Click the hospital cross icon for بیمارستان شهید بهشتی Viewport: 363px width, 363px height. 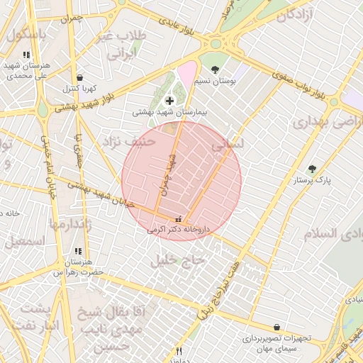pos(169,101)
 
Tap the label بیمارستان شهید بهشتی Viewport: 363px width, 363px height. pos(169,113)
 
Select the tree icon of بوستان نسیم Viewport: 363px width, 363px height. pos(215,69)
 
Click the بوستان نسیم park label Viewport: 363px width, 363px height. pos(216,82)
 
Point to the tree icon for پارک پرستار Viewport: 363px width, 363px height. pos(312,169)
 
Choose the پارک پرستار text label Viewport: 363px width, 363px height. pos(313,181)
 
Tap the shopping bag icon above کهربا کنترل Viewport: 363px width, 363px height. pos(79,77)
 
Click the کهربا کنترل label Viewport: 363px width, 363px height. pos(79,89)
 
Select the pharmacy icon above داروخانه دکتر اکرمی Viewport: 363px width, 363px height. pos(177,218)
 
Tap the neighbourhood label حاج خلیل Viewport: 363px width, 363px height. pos(177,260)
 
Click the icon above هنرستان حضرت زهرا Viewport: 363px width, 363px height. pos(78,251)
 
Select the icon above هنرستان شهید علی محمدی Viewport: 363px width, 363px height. pos(26,54)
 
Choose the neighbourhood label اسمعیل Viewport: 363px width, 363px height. pos(23,241)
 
